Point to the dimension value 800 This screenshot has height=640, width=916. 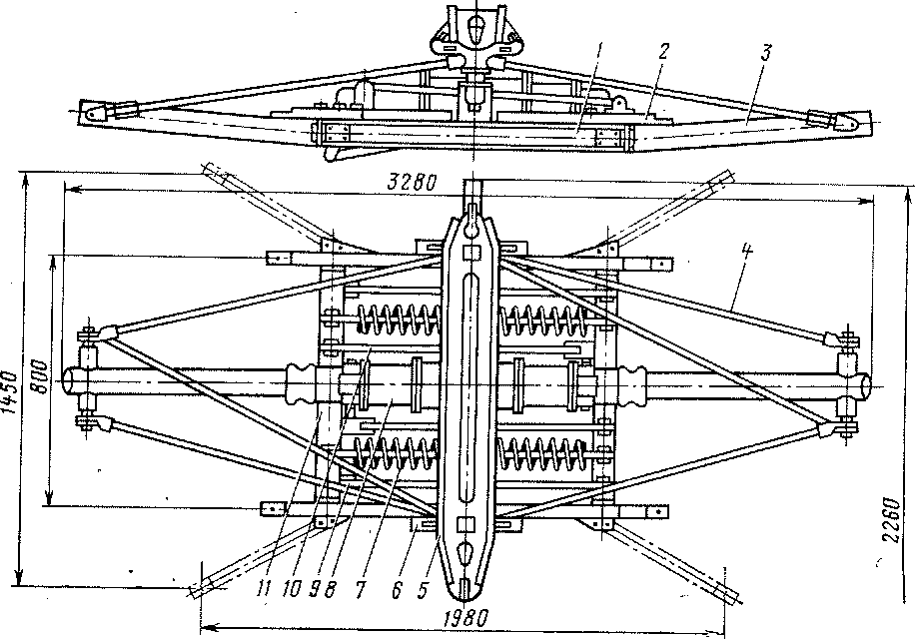coord(39,373)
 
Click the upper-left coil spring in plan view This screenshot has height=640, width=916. coord(397,320)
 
